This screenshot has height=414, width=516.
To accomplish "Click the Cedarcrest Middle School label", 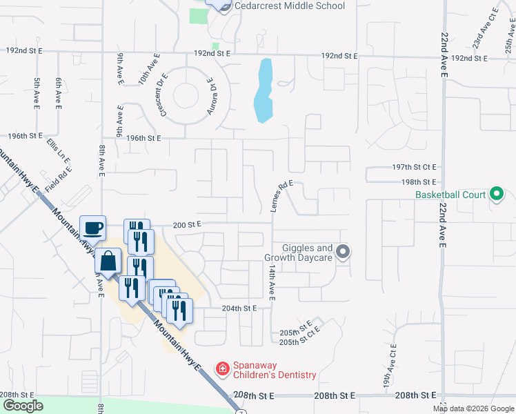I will coord(289,6).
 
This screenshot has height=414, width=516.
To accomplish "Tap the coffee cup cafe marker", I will coord(92,227).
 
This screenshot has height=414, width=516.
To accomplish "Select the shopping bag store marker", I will coord(108,262).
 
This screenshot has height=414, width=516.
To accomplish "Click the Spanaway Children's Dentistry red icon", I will coord(222,370).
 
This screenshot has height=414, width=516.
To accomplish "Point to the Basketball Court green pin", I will coord(496,195).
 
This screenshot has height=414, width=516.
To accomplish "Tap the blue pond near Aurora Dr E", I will coord(263,90).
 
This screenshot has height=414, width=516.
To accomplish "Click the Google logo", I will coord(23,406).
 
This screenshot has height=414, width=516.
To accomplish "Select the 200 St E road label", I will coord(187,224).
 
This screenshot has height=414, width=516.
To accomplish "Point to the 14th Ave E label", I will coord(272,282).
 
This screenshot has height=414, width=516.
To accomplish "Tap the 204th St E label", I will coord(239,308).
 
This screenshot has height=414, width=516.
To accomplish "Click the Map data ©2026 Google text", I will coord(474,408).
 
